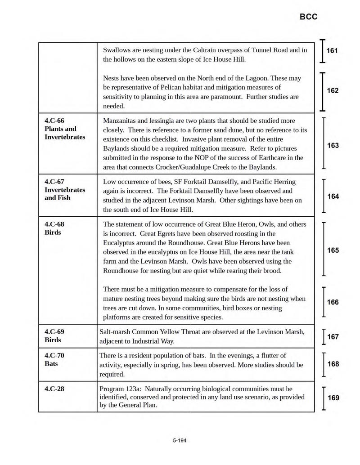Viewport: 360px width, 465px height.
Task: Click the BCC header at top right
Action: pyautogui.click(x=308, y=17)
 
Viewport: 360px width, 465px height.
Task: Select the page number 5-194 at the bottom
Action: pyautogui.click(x=179, y=440)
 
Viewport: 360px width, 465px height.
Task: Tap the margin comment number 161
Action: pyautogui.click(x=332, y=51)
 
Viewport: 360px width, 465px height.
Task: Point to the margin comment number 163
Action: pyautogui.click(x=333, y=146)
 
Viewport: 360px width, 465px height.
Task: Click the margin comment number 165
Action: pyautogui.click(x=333, y=250)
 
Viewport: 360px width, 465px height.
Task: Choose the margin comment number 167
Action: pyautogui.click(x=333, y=337)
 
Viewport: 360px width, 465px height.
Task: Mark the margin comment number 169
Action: pyautogui.click(x=333, y=398)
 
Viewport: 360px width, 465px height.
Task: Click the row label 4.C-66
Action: pyautogui.click(x=55, y=121)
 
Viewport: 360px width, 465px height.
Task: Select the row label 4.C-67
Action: pyautogui.click(x=55, y=182)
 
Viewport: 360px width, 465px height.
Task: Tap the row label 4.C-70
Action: pyautogui.click(x=55, y=355)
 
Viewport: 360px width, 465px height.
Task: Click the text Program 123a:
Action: pyautogui.click(x=120, y=389)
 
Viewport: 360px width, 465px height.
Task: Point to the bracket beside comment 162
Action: pyautogui.click(x=322, y=91)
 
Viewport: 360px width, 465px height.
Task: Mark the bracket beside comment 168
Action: pyautogui.click(x=324, y=364)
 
